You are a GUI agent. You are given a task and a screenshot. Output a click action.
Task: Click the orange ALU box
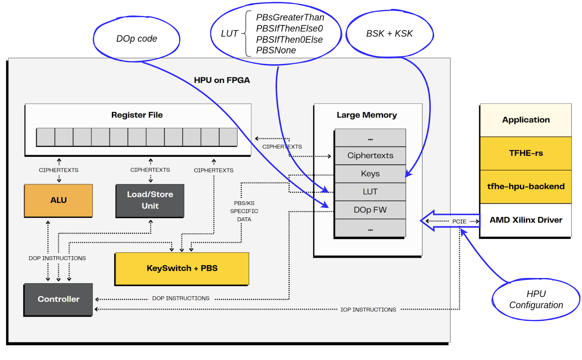pos(58,200)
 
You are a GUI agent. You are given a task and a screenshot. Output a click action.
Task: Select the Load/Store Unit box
pos(150,200)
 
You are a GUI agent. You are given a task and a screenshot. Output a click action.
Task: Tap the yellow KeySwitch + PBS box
pos(182,268)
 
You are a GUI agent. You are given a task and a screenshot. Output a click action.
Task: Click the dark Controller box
pos(58,299)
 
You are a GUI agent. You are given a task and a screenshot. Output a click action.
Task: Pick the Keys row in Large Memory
pos(370,174)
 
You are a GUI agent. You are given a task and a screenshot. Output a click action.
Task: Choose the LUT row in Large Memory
pos(370,192)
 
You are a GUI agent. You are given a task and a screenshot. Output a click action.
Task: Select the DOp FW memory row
pos(370,210)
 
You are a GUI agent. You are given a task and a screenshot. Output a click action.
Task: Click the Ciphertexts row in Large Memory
pos(370,156)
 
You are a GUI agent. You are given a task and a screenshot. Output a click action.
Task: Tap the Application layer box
pos(526,120)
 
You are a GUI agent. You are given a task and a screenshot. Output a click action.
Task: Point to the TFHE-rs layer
pos(526,153)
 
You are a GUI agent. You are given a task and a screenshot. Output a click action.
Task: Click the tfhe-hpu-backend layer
pos(526,187)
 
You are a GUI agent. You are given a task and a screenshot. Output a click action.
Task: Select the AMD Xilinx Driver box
pos(526,220)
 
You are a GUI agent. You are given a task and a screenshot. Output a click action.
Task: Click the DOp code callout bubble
pos(136,39)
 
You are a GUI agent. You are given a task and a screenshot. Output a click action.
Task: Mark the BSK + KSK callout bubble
pos(389,33)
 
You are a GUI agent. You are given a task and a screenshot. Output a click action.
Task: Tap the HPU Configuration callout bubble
pos(536,299)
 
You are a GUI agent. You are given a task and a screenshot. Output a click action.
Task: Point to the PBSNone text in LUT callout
pos(276,51)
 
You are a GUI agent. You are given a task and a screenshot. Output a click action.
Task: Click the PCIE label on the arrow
pos(459,221)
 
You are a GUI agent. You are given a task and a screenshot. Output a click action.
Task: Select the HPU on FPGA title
pos(222,80)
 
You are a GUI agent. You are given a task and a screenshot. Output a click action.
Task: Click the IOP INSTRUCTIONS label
pos(368,310)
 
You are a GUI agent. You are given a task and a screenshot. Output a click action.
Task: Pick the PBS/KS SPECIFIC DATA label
pos(244,211)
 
